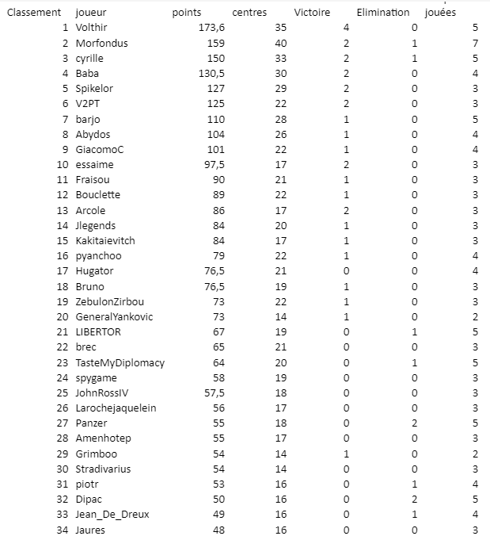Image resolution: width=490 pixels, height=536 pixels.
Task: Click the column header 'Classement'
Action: (x=33, y=13)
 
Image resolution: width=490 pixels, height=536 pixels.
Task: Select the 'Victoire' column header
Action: (x=312, y=13)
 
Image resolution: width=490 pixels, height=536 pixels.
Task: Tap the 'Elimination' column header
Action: (x=383, y=13)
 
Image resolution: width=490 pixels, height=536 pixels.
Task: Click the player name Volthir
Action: (x=92, y=28)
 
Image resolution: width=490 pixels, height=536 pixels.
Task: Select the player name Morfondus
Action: (x=101, y=43)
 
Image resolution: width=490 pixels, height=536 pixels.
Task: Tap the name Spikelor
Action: (x=94, y=89)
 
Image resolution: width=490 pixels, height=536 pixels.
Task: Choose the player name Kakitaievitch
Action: (x=105, y=241)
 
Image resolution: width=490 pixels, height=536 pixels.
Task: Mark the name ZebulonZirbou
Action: (x=110, y=302)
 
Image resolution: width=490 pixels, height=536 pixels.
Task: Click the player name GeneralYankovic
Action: (x=115, y=317)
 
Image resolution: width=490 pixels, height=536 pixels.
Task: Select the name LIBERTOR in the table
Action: (x=98, y=332)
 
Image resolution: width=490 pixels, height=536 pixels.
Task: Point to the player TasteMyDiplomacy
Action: (x=120, y=363)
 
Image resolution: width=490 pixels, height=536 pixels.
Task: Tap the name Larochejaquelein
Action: (x=116, y=408)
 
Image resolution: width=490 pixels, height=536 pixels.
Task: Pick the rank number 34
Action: (x=63, y=530)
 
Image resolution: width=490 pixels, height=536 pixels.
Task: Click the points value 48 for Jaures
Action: (x=218, y=530)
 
